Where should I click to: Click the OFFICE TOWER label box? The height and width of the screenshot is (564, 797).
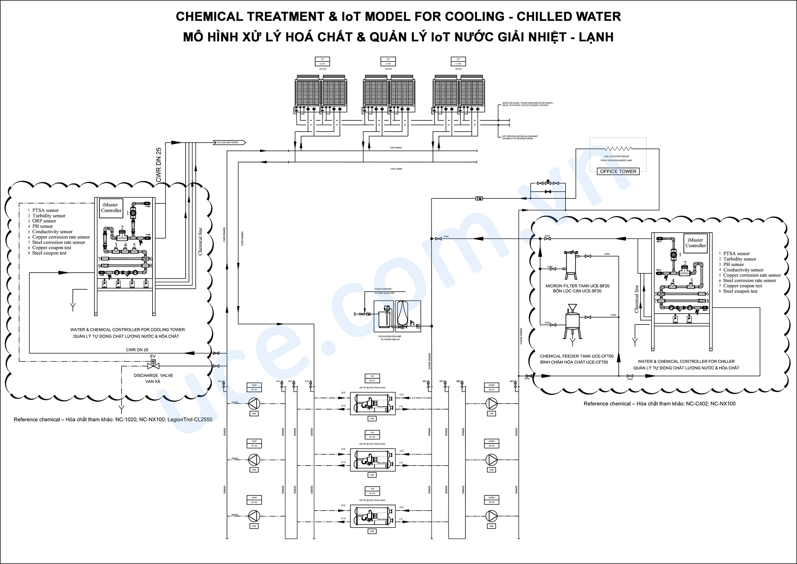click(x=618, y=171)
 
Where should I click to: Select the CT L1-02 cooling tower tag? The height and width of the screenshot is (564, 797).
click(x=388, y=61)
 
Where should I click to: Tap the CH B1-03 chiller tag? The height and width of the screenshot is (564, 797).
click(x=372, y=491)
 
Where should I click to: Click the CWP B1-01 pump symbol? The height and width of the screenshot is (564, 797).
click(x=254, y=404)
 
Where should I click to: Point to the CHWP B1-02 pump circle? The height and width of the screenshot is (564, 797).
click(x=491, y=459)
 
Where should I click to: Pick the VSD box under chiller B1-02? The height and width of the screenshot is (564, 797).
click(x=372, y=475)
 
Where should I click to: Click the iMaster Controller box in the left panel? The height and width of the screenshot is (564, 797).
click(x=111, y=208)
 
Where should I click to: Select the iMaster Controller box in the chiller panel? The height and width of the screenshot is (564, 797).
click(x=695, y=243)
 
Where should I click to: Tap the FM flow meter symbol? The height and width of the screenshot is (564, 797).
click(x=479, y=198)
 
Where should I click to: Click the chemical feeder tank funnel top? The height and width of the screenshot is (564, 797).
click(x=572, y=307)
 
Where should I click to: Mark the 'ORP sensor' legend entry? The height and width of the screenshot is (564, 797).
click(x=44, y=221)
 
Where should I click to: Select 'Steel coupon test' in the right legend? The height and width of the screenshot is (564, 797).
click(x=740, y=291)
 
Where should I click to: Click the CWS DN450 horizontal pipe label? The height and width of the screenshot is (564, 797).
click(x=396, y=169)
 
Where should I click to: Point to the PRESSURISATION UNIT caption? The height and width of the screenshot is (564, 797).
click(x=390, y=336)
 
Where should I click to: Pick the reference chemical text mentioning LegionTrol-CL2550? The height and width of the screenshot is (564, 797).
click(x=113, y=420)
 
